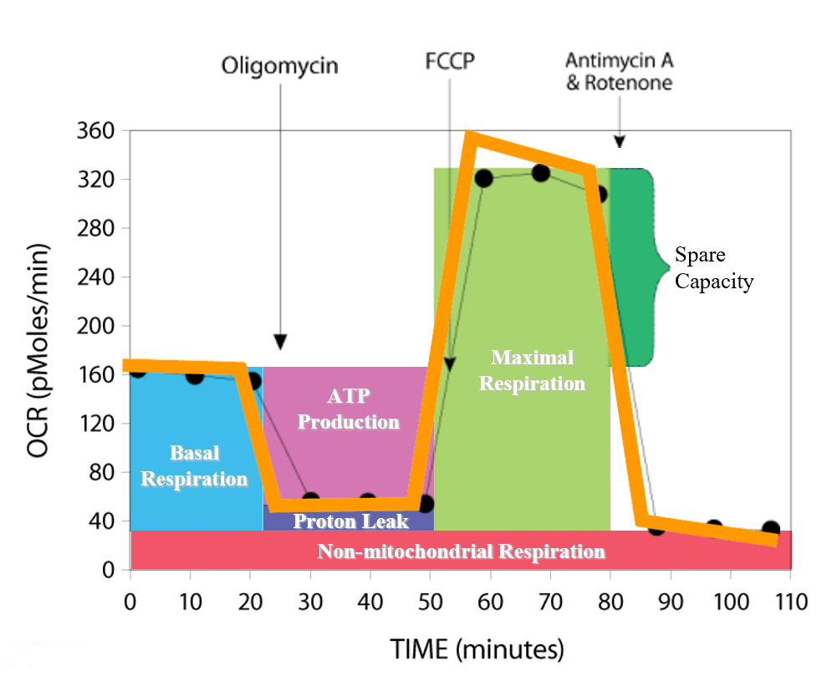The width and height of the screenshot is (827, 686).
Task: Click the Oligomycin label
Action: (x=279, y=66)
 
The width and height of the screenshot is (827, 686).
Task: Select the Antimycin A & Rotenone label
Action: (x=619, y=72)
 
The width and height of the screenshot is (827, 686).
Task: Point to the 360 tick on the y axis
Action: (x=101, y=131)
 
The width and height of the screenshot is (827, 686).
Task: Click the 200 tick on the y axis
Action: (x=101, y=326)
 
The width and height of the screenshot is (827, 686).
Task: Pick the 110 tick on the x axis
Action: (x=790, y=602)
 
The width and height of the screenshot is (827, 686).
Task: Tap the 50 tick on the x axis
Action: (x=430, y=602)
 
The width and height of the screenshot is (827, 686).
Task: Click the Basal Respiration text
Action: (x=194, y=466)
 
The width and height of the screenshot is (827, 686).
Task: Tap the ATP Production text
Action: (x=348, y=409)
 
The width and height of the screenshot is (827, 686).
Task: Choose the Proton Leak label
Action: (x=350, y=521)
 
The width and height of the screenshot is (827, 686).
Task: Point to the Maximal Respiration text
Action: (x=532, y=371)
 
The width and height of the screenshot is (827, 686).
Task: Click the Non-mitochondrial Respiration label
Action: (x=461, y=551)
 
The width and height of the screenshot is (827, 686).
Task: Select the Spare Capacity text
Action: (x=713, y=267)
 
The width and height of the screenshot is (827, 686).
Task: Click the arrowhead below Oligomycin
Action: (x=280, y=342)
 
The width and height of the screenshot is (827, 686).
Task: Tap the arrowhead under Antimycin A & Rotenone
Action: (x=619, y=141)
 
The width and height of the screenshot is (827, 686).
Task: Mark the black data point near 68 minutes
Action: (x=540, y=173)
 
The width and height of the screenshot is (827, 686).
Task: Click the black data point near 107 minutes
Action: (x=771, y=529)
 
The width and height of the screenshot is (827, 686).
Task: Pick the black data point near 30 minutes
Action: (x=310, y=501)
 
